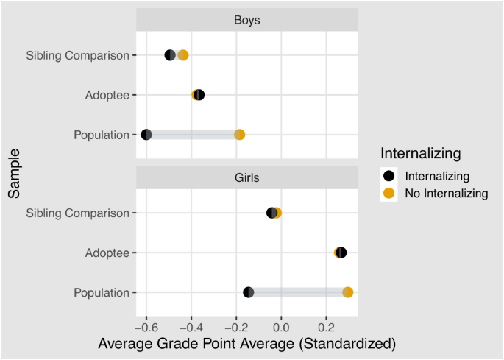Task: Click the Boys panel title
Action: click(x=248, y=21)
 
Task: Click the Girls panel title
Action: click(x=248, y=178)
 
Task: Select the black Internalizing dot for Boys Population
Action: click(x=146, y=135)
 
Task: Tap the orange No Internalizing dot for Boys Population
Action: click(x=239, y=135)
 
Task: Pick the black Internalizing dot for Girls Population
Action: click(x=249, y=292)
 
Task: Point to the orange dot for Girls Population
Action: click(x=348, y=292)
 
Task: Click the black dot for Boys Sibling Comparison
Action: click(x=170, y=55)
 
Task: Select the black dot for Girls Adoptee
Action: click(x=341, y=253)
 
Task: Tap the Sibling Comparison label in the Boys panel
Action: click(x=77, y=55)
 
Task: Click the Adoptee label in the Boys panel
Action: click(x=107, y=95)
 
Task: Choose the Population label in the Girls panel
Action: click(x=102, y=292)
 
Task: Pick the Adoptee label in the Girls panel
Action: click(x=107, y=253)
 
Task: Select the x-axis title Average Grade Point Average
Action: click(x=247, y=344)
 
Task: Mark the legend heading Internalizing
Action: click(x=421, y=154)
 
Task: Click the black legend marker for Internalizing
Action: click(x=390, y=177)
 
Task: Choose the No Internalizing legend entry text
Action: click(x=447, y=194)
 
